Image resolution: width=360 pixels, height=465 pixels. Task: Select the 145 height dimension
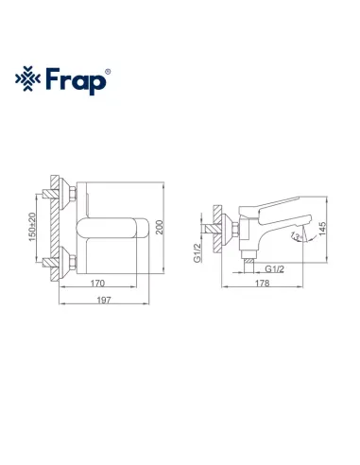(323, 230)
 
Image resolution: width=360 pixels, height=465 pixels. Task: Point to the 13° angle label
(298, 235)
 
